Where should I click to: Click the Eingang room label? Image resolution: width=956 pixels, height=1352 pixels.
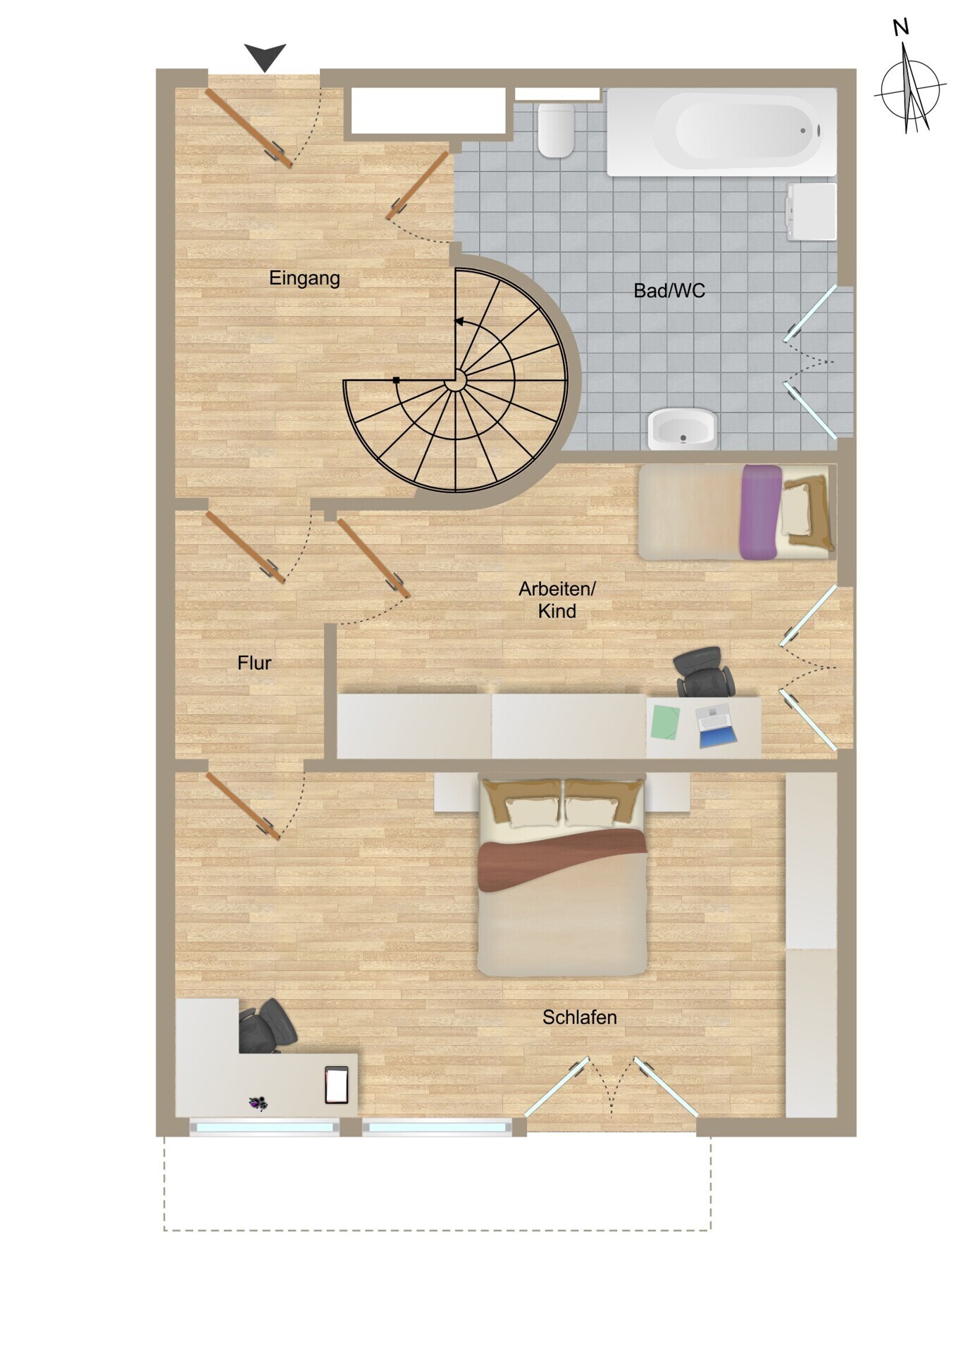tap(304, 278)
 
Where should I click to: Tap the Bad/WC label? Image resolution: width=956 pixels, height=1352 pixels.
tap(669, 290)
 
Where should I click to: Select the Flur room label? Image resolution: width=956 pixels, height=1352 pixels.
tap(254, 663)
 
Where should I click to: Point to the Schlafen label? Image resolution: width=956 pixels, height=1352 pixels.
tap(579, 1017)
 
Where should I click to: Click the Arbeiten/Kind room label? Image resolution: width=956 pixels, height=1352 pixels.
tap(557, 599)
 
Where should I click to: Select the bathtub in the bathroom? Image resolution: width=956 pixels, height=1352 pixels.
tap(721, 132)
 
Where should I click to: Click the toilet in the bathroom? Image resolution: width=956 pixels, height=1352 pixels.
tap(556, 130)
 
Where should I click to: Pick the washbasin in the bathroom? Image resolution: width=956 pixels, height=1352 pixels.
tap(682, 428)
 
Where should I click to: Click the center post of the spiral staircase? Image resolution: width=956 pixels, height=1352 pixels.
tap(456, 381)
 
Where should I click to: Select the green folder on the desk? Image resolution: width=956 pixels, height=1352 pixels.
tap(665, 722)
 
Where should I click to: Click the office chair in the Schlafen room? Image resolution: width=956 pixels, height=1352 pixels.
tap(266, 1026)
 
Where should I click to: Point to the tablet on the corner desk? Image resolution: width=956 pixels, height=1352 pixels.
tap(337, 1085)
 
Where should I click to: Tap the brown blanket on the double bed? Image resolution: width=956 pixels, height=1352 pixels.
tap(562, 857)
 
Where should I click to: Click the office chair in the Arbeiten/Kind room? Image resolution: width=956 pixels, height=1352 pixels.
tap(703, 672)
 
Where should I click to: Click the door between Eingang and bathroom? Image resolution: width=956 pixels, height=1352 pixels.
tap(417, 185)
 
